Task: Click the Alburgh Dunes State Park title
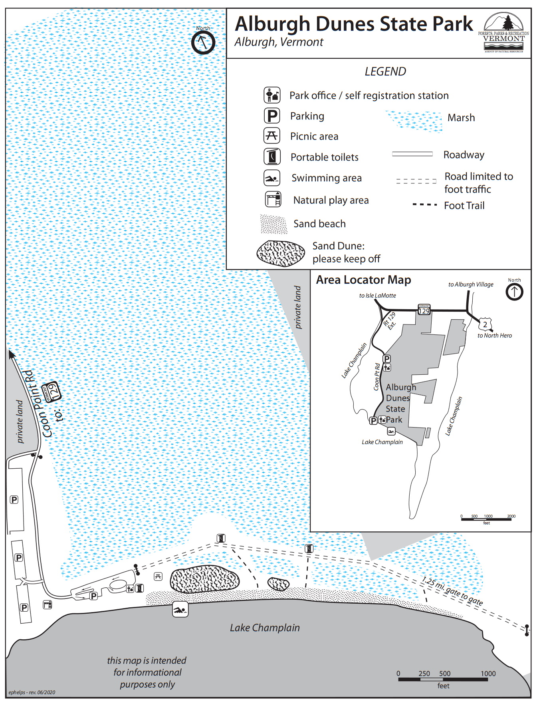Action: pos(354,24)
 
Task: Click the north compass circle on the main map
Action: pos(203,42)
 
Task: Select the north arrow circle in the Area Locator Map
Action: pos(514,292)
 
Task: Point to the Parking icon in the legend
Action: pos(272,116)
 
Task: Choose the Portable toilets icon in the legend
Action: pos(272,157)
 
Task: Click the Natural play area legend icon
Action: pos(273,199)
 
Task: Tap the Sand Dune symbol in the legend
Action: pos(281,253)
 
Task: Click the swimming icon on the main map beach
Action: pos(180,609)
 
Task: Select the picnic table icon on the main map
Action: pos(158,577)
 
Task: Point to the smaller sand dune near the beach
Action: pos(278,584)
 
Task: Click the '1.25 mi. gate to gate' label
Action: pos(452,591)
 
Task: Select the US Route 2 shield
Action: pos(485,324)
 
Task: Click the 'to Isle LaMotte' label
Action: pos(377,296)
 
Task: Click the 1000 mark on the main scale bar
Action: pos(488,674)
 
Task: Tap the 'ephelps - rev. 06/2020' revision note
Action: pos(32,692)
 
